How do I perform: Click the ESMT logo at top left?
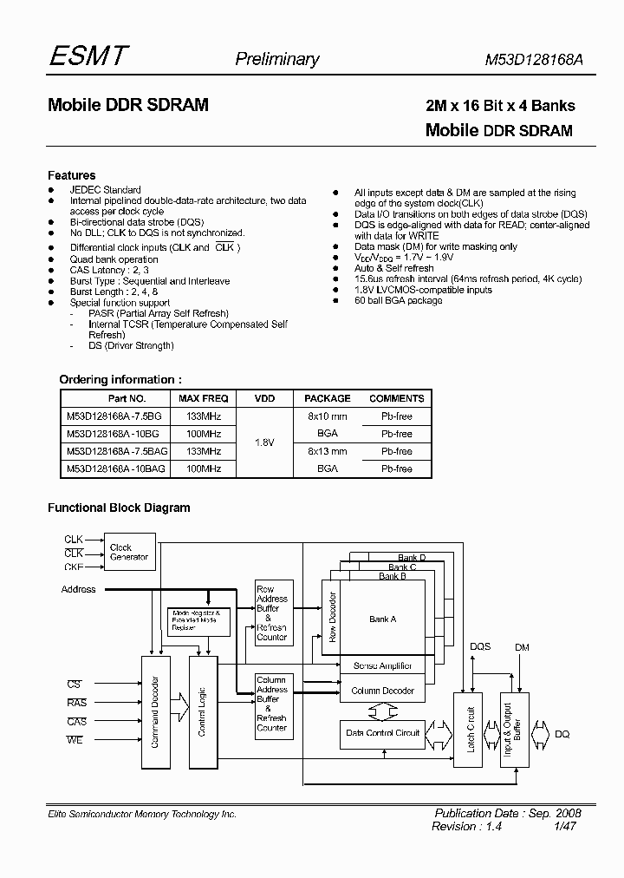point(88,56)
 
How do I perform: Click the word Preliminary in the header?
point(277,59)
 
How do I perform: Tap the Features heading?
point(71,175)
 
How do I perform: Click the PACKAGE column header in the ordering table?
point(328,398)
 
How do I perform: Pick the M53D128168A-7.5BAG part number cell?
point(117,451)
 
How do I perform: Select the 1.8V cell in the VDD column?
point(264,442)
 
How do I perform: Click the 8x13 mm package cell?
point(328,451)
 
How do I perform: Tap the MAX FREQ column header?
point(204,398)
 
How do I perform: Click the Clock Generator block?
point(128,552)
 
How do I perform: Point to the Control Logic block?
point(202,711)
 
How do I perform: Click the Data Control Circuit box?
point(382,733)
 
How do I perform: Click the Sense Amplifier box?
point(382,666)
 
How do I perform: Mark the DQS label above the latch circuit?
point(479,646)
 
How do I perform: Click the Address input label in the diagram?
point(79,589)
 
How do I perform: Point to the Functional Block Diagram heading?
point(119,508)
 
